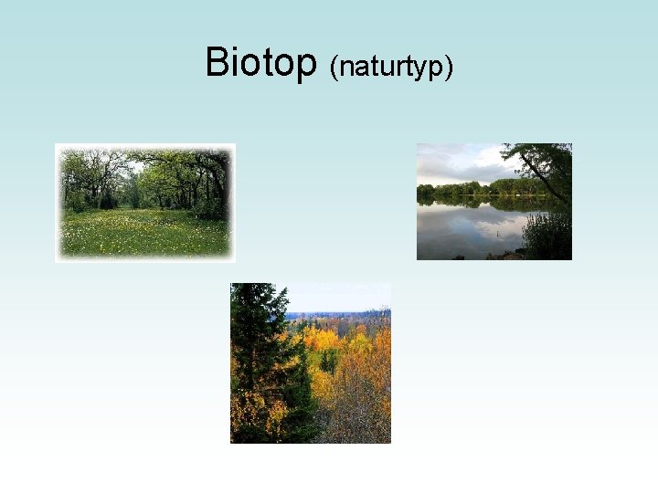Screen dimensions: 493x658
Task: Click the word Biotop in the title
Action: (260, 62)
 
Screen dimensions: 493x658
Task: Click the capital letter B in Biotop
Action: (218, 61)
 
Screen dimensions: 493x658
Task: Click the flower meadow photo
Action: (144, 203)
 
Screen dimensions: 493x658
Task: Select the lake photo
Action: (493, 202)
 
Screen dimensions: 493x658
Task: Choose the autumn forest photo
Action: (311, 362)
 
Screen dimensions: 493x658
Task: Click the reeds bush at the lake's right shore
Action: (548, 236)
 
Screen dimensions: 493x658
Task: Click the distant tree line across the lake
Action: (466, 191)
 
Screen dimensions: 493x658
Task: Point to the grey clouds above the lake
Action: (457, 164)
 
